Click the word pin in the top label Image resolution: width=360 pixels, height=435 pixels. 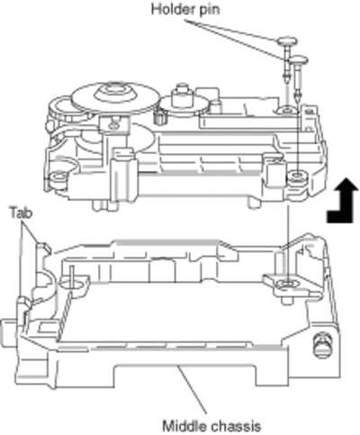point(209,10)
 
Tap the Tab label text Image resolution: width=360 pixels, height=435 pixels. point(21,213)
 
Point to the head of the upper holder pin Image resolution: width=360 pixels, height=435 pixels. point(288,41)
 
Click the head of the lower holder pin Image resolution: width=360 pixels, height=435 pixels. point(299,60)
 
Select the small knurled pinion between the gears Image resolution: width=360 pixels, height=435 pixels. point(160,116)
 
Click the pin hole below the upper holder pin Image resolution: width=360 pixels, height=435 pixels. point(287,111)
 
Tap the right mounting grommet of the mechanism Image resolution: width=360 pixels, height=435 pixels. point(297,177)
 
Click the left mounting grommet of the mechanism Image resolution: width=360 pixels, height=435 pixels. point(58,177)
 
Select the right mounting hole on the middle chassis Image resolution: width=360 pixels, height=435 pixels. point(286,283)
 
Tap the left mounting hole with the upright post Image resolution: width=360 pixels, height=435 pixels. point(71,282)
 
